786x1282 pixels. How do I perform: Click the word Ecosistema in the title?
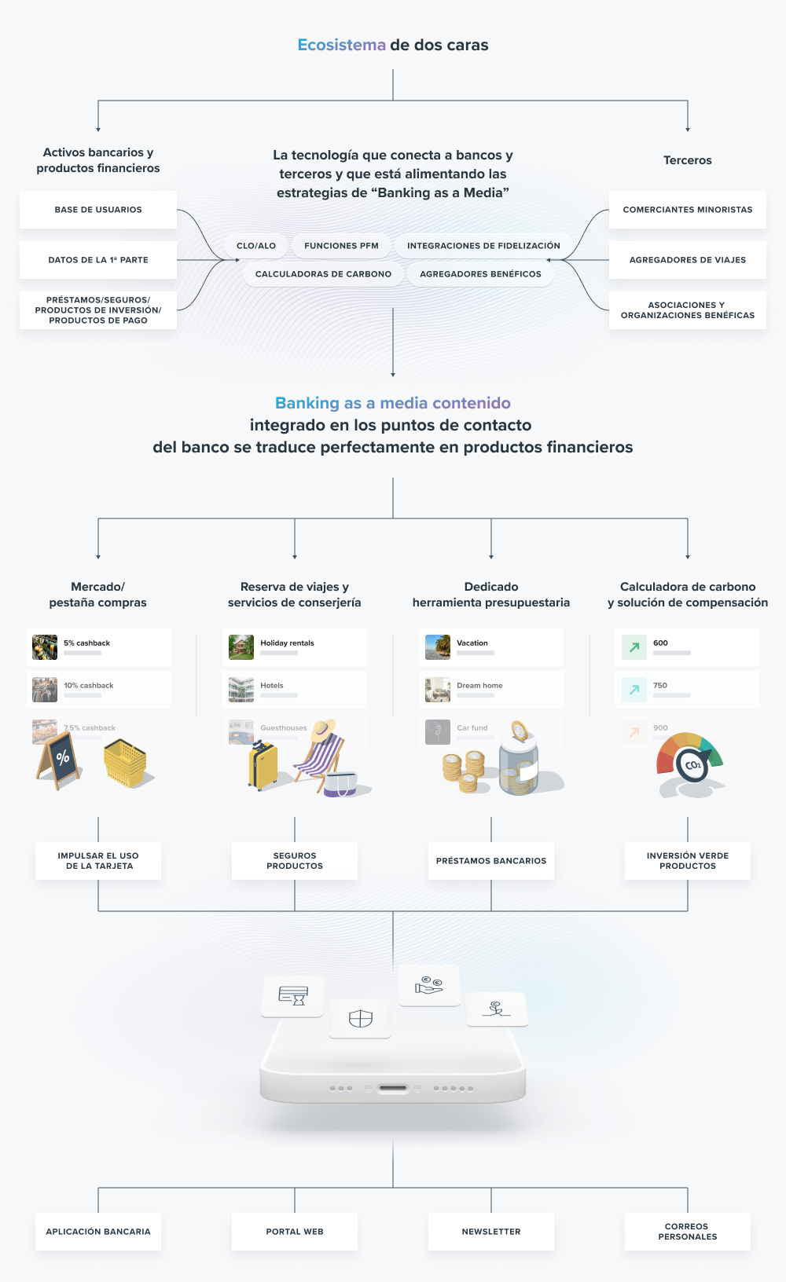pyautogui.click(x=341, y=45)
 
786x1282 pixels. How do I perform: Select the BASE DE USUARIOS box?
pyautogui.click(x=98, y=210)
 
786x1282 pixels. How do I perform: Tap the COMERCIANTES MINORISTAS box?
pyautogui.click(x=688, y=210)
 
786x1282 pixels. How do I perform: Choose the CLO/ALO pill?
pyautogui.click(x=256, y=246)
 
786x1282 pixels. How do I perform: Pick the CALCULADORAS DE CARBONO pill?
pyautogui.click(x=324, y=274)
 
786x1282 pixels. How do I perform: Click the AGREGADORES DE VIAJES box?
pyautogui.click(x=688, y=260)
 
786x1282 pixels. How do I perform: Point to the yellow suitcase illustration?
pyautogui.click(x=263, y=765)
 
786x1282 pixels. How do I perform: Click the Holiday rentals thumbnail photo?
pyautogui.click(x=241, y=647)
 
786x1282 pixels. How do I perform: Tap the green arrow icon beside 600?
pyautogui.click(x=634, y=647)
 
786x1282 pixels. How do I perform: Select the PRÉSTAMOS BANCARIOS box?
pyautogui.click(x=491, y=861)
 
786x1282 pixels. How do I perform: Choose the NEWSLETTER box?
pyautogui.click(x=491, y=1232)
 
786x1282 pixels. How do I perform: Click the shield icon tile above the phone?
pyautogui.click(x=361, y=1019)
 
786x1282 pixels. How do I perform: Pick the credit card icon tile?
pyautogui.click(x=293, y=996)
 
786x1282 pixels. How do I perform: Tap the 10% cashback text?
pyautogui.click(x=89, y=685)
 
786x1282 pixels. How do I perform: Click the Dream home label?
pyautogui.click(x=479, y=685)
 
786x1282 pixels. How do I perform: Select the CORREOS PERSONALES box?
pyautogui.click(x=688, y=1232)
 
